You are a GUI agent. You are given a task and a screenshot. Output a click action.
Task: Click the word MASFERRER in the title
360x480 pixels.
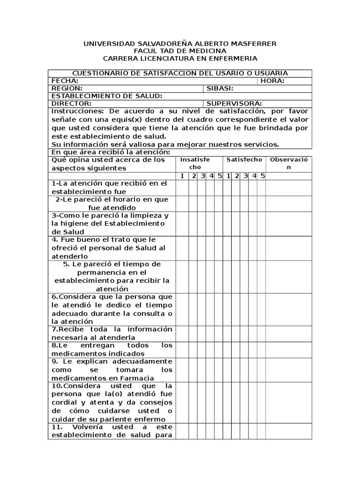tap(253, 44)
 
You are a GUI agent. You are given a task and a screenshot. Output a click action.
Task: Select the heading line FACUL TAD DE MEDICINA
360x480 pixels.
tap(180, 51)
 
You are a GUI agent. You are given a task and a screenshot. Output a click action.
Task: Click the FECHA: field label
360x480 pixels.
tap(65, 81)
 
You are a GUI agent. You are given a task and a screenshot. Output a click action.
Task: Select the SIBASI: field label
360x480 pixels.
tap(220, 88)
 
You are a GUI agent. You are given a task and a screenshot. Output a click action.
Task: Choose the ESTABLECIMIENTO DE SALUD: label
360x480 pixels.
tap(107, 96)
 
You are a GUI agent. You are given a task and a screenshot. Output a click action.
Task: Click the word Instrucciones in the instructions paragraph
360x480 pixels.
tap(77, 112)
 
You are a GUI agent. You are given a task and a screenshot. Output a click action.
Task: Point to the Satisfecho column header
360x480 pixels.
tap(244, 160)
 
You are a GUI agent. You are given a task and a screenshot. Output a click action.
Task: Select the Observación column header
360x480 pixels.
tap(289, 164)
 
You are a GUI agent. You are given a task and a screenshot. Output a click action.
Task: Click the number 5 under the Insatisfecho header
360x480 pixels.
tap(218, 176)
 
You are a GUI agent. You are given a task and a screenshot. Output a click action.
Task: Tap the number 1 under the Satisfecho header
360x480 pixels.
tap(227, 176)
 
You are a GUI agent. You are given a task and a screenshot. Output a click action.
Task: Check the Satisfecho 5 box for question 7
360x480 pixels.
tap(262, 333)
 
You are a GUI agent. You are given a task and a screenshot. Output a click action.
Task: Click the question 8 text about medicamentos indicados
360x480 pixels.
tap(112, 350)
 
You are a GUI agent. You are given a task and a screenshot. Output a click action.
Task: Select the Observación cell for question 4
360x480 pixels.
tap(289, 248)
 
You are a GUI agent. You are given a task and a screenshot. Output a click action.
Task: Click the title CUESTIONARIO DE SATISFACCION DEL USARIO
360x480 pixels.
tap(180, 73)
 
